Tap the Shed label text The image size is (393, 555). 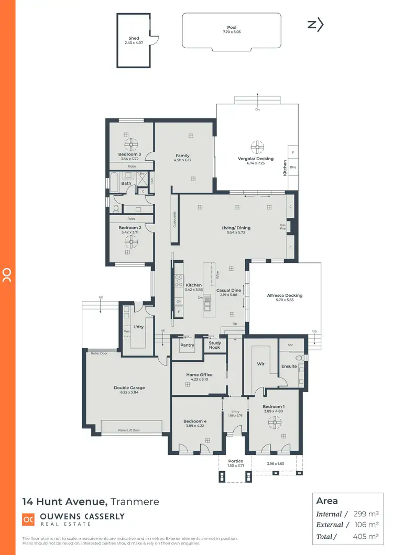(134, 38)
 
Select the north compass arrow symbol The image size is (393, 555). (315, 24)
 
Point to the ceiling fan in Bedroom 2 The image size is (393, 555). (134, 241)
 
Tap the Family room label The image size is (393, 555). (182, 156)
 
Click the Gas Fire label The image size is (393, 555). (282, 227)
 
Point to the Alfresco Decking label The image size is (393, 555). (285, 295)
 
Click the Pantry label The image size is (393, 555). (187, 345)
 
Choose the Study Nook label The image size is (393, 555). (214, 346)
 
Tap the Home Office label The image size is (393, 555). (199, 374)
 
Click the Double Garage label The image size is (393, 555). (129, 388)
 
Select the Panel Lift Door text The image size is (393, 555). (128, 430)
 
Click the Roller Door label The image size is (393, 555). (99, 353)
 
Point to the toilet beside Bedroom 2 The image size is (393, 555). (116, 209)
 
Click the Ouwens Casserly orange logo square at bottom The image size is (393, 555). (28, 519)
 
